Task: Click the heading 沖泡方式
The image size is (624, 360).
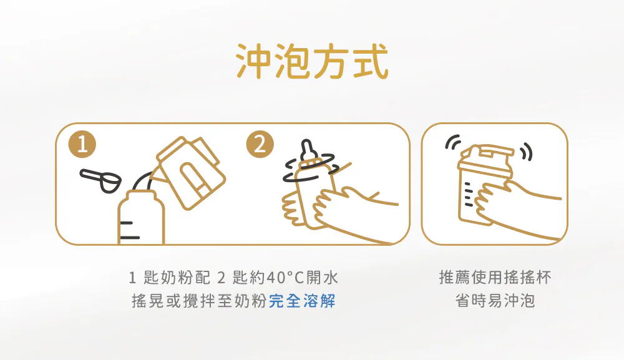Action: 312,61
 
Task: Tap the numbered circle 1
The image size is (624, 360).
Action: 82,144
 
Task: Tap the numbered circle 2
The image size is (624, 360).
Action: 260,144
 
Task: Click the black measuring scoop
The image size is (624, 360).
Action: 100,180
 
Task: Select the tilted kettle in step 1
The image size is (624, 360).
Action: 188,172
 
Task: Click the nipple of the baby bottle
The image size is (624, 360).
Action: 308,150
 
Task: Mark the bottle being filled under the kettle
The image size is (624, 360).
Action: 141,217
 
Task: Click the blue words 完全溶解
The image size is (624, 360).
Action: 303,301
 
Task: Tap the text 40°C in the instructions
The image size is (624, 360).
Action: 285,278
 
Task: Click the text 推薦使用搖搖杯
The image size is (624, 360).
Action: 495,278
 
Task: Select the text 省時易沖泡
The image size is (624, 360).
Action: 495,301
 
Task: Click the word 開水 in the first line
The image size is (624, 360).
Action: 322,278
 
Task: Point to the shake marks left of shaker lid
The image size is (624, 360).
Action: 453,142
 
